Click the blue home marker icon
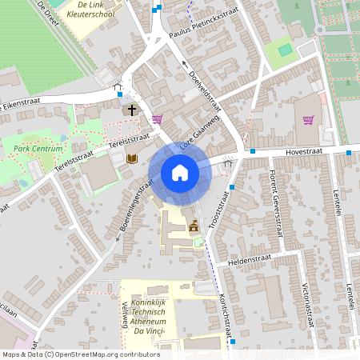[180, 173]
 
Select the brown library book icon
[132, 160]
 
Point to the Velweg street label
[123, 315]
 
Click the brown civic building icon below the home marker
[193, 228]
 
